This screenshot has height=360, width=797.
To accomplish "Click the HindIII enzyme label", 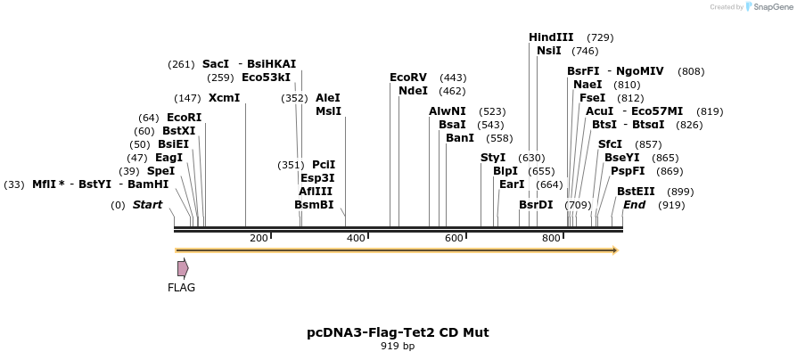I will click(x=551, y=37).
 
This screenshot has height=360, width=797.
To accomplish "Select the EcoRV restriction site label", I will click(x=408, y=78).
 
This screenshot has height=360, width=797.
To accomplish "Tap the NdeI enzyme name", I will click(x=413, y=91).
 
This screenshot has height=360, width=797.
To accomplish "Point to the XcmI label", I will click(x=224, y=98).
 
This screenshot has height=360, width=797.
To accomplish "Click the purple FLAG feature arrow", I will click(x=183, y=268).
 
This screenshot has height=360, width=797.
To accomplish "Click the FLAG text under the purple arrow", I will click(x=181, y=288).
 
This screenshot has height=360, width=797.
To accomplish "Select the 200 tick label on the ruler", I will click(x=259, y=238).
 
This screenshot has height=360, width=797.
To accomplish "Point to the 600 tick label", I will click(x=453, y=238).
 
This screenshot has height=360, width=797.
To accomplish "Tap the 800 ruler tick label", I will click(x=551, y=238).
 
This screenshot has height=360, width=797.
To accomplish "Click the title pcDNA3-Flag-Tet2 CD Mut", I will click(x=398, y=332).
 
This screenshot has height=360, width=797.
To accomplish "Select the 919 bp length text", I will click(x=398, y=346).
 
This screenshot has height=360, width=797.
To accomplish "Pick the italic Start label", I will click(x=147, y=205).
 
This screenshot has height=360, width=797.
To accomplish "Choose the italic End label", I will click(x=634, y=205).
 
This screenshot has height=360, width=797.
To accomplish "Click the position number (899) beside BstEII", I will click(x=680, y=192).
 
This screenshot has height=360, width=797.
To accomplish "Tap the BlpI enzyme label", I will click(x=505, y=171).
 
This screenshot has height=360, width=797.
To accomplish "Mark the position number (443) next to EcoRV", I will click(x=453, y=78).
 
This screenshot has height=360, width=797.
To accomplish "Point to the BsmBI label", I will click(x=314, y=205).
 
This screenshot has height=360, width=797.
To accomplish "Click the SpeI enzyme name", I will click(x=160, y=171).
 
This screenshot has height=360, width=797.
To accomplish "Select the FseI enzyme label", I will click(x=592, y=98).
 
